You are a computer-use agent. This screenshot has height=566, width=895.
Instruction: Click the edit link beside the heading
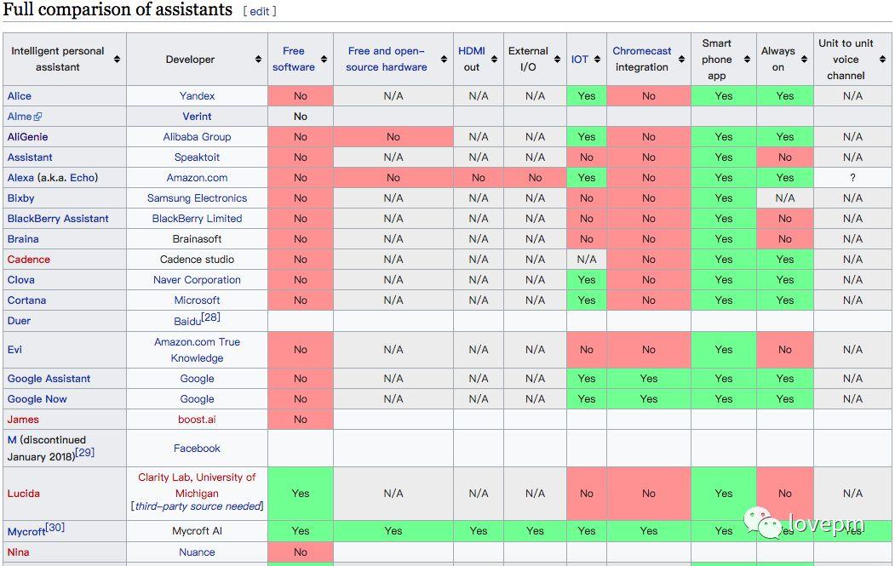pos(260,11)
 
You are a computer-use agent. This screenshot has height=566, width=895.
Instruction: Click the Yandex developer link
pos(197,96)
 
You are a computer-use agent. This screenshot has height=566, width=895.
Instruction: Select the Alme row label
pos(20,117)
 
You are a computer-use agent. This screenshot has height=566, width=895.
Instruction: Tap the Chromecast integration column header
pos(641,59)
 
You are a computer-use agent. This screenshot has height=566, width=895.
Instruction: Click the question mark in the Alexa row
pos(852,177)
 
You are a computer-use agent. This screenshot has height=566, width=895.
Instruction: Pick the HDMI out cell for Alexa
pos(479,177)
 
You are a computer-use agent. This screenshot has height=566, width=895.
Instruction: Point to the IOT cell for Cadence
pos(586,259)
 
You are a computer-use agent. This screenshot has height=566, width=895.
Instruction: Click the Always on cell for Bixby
pos(785,198)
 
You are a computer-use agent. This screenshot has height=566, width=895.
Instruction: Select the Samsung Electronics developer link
pos(197,198)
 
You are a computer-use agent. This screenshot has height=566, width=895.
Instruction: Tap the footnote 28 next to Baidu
pos(211,317)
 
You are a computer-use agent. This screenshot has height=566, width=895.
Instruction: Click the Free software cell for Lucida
pos(301,494)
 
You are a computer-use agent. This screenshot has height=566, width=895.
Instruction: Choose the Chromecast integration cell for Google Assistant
pos(648,378)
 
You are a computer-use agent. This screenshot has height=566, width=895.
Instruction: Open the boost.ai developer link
pos(197,420)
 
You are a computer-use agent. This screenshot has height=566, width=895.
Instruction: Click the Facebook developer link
pos(197,449)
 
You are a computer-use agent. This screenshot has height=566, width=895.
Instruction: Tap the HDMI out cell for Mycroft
pos(479,530)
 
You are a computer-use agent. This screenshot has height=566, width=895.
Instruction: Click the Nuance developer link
pos(197,552)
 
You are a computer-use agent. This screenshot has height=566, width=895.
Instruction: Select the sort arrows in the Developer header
pos(258,60)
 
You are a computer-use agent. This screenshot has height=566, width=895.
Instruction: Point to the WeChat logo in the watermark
pos(762,523)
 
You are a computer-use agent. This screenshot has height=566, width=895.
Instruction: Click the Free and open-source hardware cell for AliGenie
pos(393,137)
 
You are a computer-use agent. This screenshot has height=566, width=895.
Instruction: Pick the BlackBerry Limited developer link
pos(197,219)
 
